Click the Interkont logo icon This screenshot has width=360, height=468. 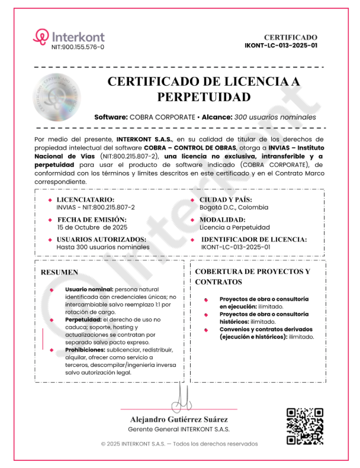click(x=41, y=37)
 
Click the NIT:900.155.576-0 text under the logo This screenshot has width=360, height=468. click(x=78, y=47)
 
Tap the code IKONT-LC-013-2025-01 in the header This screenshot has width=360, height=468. click(x=281, y=45)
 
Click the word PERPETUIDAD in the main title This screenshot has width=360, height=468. click(x=204, y=97)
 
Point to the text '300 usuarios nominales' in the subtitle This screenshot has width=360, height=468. click(x=275, y=117)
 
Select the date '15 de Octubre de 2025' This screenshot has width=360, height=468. click(x=92, y=227)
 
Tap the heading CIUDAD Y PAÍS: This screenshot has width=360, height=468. click(x=230, y=200)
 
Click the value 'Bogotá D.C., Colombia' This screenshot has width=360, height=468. click(x=233, y=208)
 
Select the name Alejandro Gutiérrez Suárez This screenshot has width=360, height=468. click(x=179, y=419)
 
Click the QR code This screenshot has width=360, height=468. click(x=304, y=426)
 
